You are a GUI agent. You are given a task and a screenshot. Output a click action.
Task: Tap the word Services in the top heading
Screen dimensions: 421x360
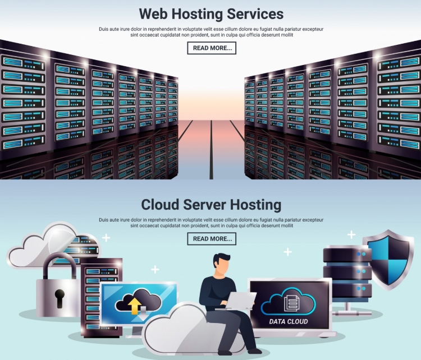(x=255, y=13)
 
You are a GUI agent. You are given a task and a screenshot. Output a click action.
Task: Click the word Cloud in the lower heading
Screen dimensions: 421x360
(x=160, y=205)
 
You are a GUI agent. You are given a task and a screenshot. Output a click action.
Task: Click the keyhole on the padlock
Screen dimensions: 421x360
(x=60, y=297)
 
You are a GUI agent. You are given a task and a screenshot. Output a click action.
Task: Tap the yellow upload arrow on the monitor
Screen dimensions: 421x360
(x=134, y=306)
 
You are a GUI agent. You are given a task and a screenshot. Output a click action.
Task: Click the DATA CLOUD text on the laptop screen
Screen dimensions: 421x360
(x=289, y=321)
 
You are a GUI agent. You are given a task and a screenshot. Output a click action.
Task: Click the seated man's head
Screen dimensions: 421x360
(x=221, y=264)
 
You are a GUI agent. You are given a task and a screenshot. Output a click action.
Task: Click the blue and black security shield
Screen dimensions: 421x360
(x=388, y=260)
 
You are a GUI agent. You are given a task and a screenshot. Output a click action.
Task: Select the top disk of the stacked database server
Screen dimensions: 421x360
(x=347, y=254)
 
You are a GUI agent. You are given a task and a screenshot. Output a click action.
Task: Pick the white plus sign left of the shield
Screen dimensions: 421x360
(x=351, y=234)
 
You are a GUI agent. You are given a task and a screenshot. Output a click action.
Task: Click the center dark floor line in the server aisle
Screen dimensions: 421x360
(x=211, y=149)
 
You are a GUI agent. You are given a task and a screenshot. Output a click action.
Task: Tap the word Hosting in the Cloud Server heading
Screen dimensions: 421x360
(x=255, y=205)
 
